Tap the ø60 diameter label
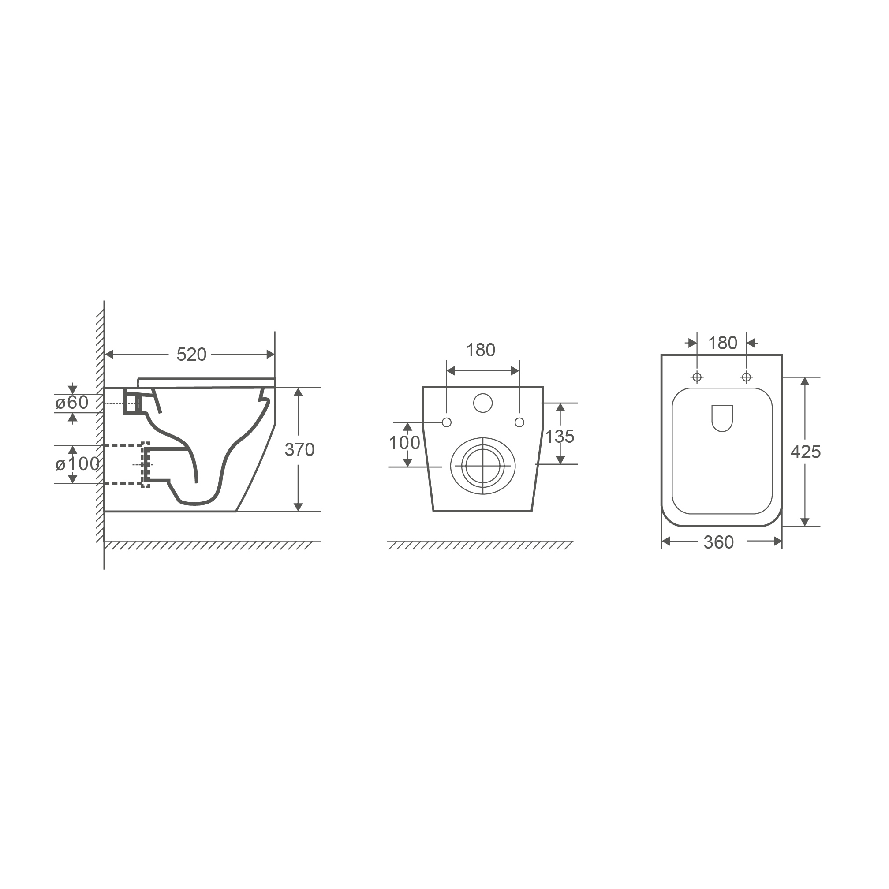point(72,403)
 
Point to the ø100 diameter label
point(77,464)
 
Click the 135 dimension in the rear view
point(560,436)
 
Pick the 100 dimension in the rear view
point(404,443)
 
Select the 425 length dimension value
point(806,452)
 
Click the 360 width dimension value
point(719,542)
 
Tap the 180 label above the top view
point(723,343)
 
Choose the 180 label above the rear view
point(481,350)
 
